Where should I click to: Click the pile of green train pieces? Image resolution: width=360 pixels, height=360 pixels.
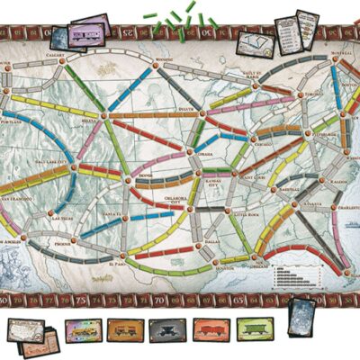(181, 22)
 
